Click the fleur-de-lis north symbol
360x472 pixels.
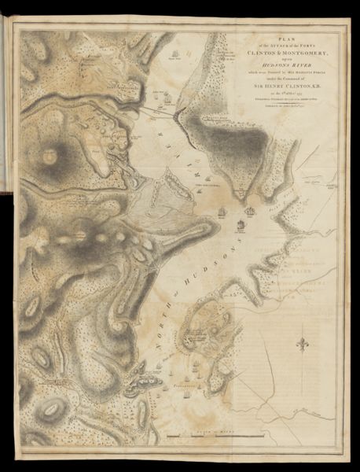[x=302, y=344]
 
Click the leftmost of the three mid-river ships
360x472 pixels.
[x=223, y=212]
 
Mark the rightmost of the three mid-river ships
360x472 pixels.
[x=252, y=211]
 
